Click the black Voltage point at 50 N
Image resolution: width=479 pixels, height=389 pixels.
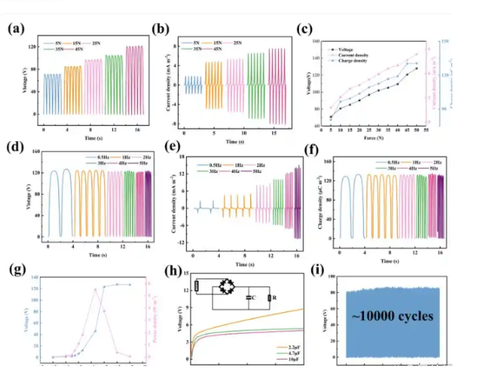416,68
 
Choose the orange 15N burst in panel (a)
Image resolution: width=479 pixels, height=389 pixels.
73,89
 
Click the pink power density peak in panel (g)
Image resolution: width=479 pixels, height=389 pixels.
95,289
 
